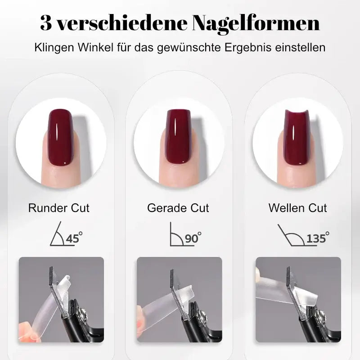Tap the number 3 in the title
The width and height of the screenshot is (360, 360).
[45, 23]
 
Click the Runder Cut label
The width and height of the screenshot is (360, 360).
[58, 208]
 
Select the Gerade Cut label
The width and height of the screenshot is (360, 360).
[178, 208]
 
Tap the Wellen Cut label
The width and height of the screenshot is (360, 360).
[297, 208]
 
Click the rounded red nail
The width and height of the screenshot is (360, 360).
[61, 136]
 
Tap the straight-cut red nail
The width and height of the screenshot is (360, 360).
[179, 136]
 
